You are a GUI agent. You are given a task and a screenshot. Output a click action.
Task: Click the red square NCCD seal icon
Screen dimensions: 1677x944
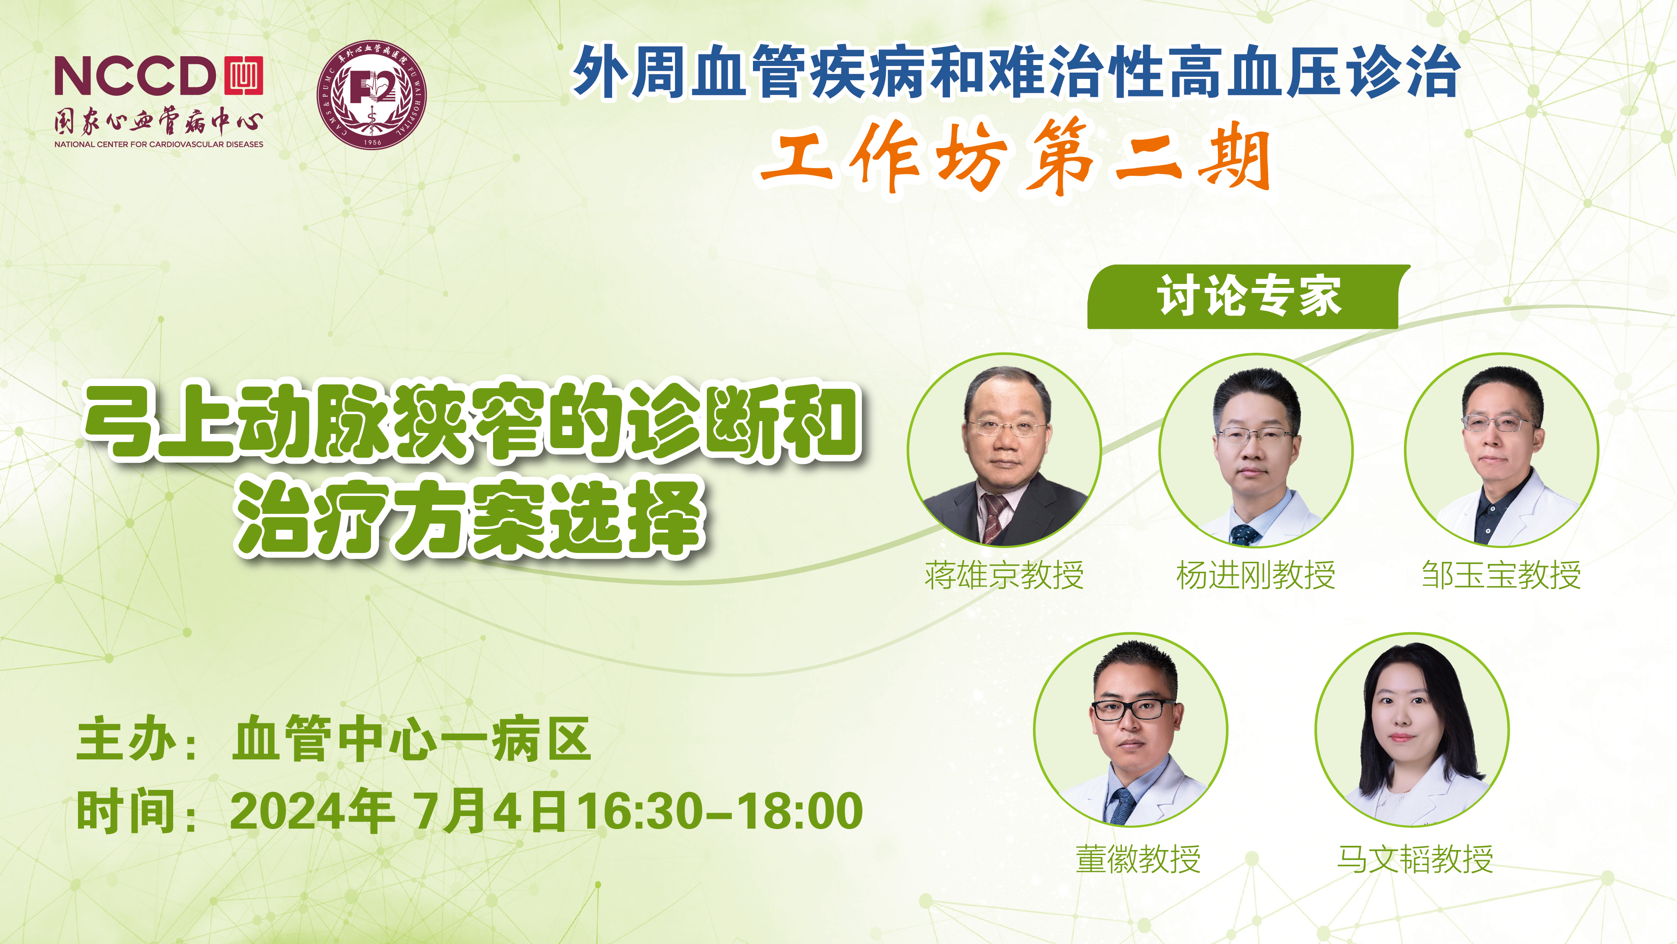pos(244,76)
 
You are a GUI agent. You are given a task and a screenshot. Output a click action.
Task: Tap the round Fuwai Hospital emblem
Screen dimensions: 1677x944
pos(372,95)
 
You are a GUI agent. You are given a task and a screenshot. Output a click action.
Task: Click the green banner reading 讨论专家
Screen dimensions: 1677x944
pos(1248,297)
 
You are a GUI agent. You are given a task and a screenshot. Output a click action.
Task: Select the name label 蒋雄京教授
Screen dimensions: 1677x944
pos(1004,575)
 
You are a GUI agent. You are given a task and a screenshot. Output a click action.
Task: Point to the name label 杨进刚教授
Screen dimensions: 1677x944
pos(1256,575)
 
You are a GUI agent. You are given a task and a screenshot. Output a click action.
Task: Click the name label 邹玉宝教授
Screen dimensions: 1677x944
pos(1501,575)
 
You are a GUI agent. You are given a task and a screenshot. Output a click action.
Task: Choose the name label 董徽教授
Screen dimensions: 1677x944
pos(1138,859)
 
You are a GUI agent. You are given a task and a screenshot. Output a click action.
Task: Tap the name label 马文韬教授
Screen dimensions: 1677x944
pos(1415,859)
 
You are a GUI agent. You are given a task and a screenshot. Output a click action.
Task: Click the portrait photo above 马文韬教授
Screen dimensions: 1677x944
pos(1412,730)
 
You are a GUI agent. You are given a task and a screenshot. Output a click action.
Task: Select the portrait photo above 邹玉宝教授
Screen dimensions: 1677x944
pos(1501,449)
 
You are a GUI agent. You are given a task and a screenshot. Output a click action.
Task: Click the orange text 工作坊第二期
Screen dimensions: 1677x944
pos(1015,157)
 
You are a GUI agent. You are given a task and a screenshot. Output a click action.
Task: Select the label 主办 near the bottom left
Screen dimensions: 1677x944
pos(126,739)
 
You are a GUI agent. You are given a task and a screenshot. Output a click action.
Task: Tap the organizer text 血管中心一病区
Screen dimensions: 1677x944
pos(411,739)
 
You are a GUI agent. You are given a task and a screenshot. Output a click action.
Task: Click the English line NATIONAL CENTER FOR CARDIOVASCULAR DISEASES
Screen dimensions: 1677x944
pos(159,144)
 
